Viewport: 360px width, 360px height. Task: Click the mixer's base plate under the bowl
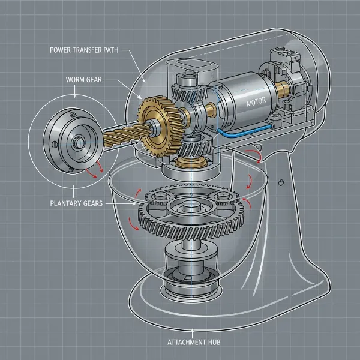[192, 300]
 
